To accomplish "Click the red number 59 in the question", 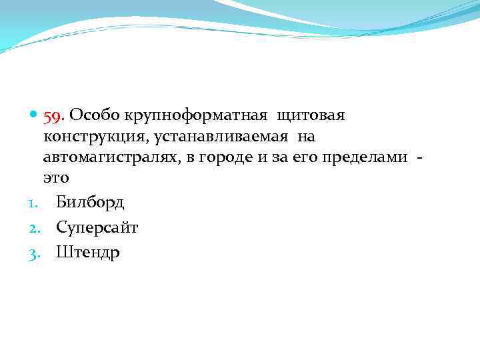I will pyautogui.click(x=53, y=116).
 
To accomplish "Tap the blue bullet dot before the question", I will pyautogui.click(x=34, y=116).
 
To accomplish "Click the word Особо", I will pyautogui.click(x=89, y=115).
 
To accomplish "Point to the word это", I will pyautogui.click(x=56, y=179).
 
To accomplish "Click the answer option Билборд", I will pyautogui.click(x=90, y=202).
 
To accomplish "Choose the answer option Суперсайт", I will pyautogui.click(x=97, y=227).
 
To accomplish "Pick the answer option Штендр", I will pyautogui.click(x=88, y=253).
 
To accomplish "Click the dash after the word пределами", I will pyautogui.click(x=419, y=159).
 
